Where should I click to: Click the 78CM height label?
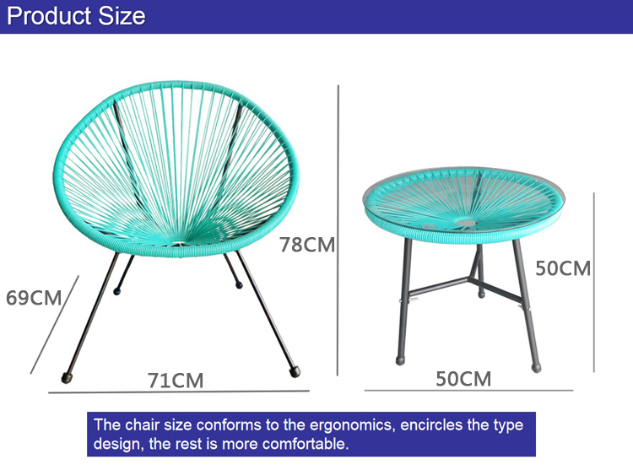click(308, 246)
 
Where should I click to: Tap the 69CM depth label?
click(34, 298)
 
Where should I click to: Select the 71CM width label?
click(176, 381)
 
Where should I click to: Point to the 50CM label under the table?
click(463, 379)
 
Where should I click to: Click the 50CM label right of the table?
click(563, 269)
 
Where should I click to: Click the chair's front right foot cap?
click(294, 370)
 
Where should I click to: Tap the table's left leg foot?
click(402, 359)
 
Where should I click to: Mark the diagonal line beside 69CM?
click(55, 324)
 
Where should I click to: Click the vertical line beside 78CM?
click(338, 228)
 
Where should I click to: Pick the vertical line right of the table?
click(594, 283)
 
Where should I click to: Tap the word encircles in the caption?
click(417, 425)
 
